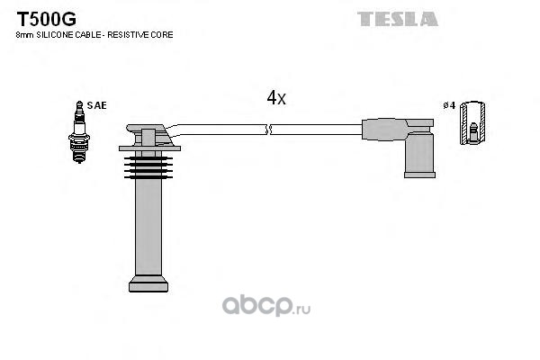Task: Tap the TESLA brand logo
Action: coord(398,18)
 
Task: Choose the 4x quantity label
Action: coord(276,98)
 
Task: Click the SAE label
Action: coord(97,105)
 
